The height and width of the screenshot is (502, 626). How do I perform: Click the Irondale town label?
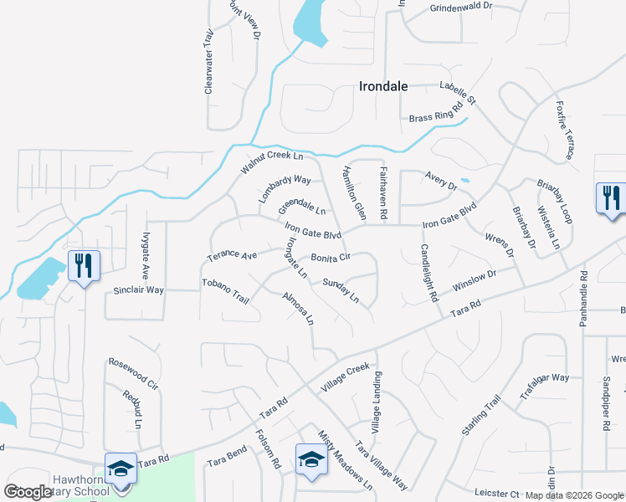[x=387, y=85]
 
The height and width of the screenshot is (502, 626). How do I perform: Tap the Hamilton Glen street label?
[x=353, y=192]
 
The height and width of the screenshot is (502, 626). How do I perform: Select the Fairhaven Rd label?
[x=382, y=192]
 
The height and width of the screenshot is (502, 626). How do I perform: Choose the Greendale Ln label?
[x=302, y=206]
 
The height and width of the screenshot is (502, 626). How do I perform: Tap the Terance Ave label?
[x=232, y=254]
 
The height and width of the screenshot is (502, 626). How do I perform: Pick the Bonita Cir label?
[x=331, y=259]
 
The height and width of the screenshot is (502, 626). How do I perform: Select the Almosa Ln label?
[x=299, y=309]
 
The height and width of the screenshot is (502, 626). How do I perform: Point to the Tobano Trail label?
[x=226, y=289]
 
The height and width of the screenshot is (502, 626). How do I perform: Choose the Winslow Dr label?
[x=474, y=279]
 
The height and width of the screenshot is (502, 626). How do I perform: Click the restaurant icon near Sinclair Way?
[x=84, y=267]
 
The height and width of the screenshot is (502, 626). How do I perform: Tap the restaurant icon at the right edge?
[x=611, y=199]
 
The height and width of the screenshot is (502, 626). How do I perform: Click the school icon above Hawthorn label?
[x=120, y=469]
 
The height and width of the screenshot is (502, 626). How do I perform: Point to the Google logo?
[x=28, y=492]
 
